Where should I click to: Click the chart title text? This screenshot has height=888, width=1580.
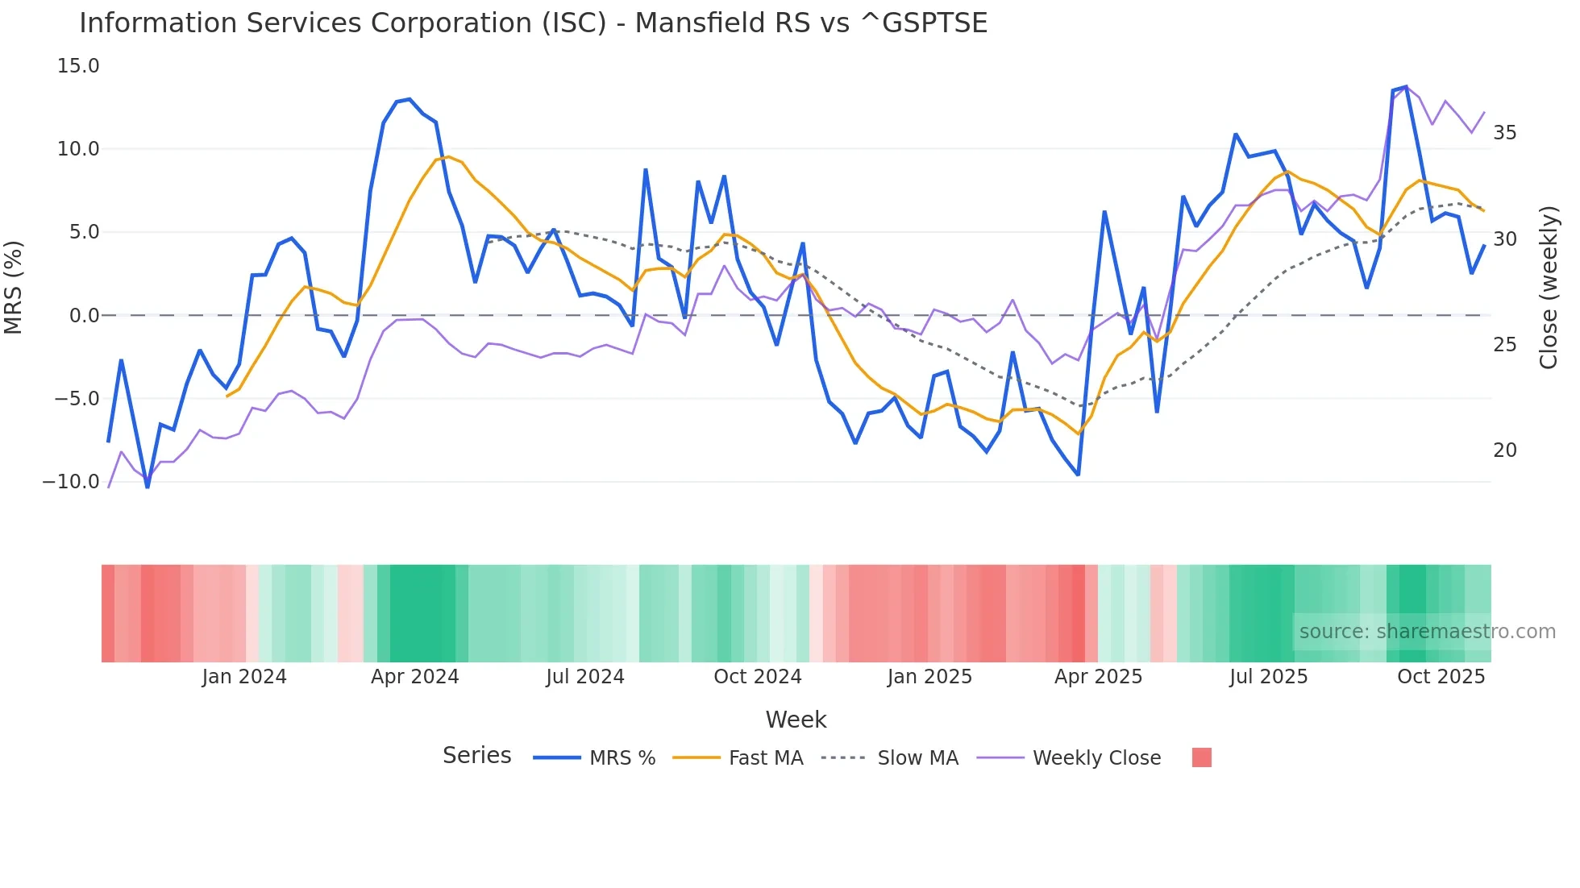click(533, 23)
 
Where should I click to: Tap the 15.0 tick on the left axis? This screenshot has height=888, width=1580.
click(78, 66)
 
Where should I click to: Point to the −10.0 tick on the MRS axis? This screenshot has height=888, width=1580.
click(71, 482)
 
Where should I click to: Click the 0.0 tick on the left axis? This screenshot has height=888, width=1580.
click(84, 316)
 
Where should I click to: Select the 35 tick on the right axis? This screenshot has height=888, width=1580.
click(1504, 133)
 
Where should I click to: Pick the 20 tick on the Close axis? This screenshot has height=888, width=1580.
click(1504, 450)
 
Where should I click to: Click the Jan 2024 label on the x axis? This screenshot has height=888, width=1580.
click(244, 677)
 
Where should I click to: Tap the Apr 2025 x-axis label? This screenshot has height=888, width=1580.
click(1098, 677)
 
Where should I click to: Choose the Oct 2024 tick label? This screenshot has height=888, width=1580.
click(758, 677)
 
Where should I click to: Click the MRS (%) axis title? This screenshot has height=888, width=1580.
click(14, 287)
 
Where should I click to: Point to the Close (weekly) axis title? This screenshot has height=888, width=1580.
click(1549, 288)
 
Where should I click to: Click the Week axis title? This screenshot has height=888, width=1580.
click(796, 720)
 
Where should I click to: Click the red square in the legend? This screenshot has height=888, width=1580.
click(1201, 757)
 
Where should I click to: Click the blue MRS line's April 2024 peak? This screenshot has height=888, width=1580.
click(410, 99)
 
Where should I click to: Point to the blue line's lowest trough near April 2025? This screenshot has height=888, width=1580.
click(1078, 475)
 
